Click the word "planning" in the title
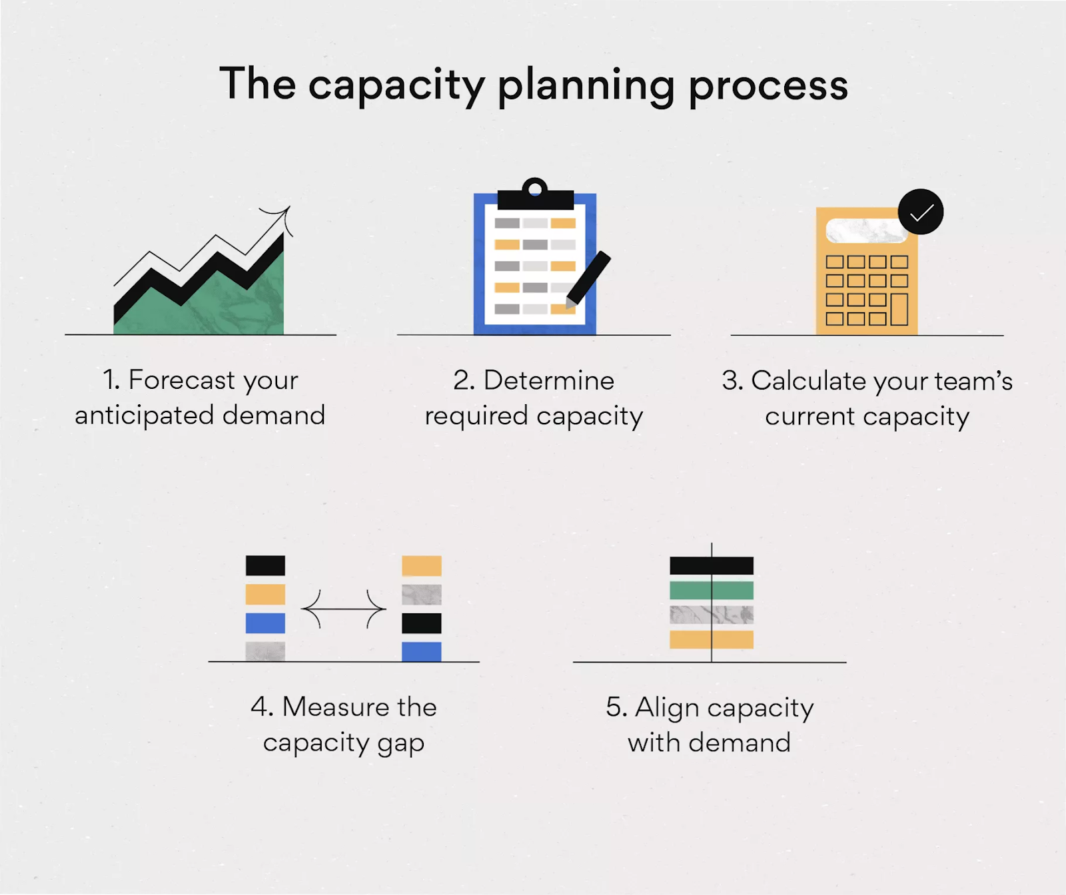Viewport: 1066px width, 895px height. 586,87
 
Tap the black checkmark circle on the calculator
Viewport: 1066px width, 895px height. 920,212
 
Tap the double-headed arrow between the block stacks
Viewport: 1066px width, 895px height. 343,609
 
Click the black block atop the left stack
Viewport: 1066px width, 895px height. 265,565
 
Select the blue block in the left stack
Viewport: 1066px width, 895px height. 265,623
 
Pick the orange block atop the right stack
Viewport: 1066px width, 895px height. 421,565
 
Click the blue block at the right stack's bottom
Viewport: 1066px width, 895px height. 421,651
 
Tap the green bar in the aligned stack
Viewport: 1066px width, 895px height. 711,590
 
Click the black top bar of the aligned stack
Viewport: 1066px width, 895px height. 711,565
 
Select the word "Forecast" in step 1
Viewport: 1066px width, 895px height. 181,380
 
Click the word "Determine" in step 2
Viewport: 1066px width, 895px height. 548,381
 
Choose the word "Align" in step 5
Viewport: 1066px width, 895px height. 662,707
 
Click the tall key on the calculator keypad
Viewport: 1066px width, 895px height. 899,309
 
